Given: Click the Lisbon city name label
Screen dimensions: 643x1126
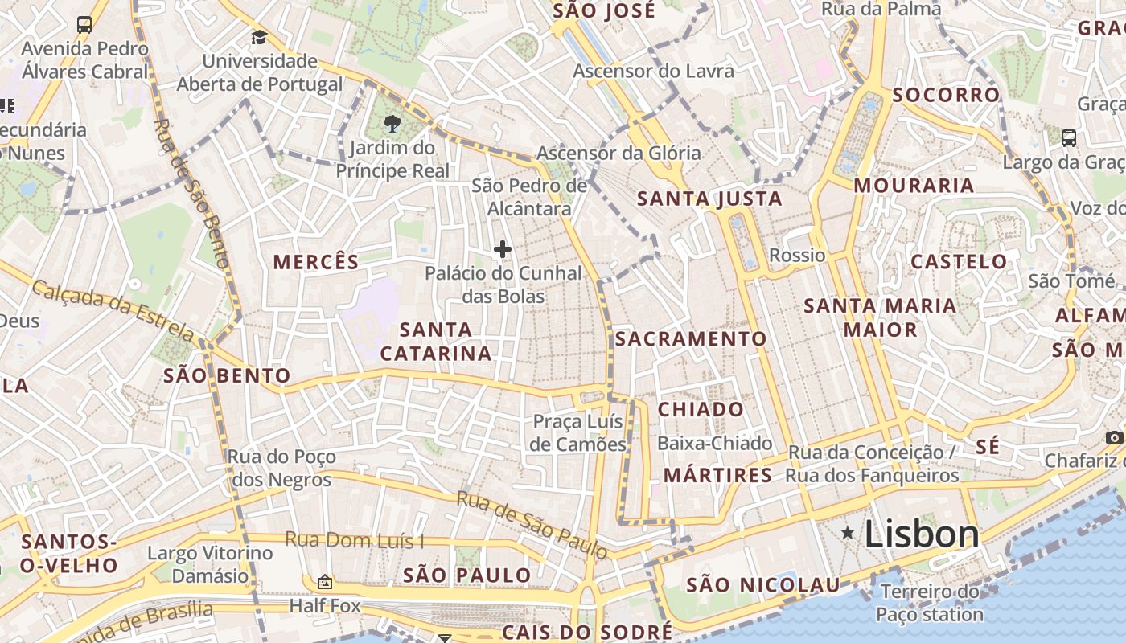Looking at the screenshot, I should click(922, 534).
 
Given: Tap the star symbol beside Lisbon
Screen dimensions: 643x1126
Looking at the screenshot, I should click(847, 533).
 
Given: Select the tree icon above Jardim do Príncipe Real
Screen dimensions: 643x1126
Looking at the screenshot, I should click(392, 124).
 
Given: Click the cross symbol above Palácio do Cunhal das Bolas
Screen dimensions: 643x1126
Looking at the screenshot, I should click(503, 249).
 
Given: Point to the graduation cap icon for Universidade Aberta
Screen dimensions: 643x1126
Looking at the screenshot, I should click(259, 37).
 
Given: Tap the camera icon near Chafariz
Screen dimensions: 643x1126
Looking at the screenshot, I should click(1114, 437).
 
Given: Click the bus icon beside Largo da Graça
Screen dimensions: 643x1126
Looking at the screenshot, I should click(1069, 138).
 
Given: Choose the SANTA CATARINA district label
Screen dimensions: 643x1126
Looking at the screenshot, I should click(435, 342).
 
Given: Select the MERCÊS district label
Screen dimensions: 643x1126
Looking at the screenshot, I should click(316, 262).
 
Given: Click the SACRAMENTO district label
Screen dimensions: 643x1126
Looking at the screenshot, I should click(691, 339).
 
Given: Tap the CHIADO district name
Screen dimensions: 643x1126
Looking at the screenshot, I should click(701, 409).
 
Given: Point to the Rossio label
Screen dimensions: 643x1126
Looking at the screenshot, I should click(797, 256).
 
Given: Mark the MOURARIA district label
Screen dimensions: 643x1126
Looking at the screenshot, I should click(914, 186).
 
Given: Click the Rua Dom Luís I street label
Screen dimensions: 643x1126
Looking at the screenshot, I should click(354, 540).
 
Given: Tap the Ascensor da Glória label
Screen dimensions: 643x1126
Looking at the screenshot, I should click(618, 153).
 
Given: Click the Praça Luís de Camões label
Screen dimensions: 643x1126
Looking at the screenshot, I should click(579, 432).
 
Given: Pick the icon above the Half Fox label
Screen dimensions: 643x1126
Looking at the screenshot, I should click(325, 582).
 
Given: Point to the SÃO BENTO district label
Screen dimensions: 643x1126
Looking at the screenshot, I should click(227, 375).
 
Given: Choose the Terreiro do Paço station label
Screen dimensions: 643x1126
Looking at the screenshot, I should click(930, 603).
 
